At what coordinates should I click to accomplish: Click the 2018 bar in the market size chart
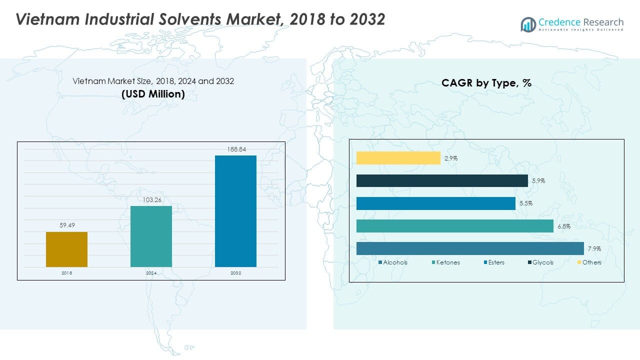66,249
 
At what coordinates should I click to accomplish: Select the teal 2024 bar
151,236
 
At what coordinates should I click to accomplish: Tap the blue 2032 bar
235,211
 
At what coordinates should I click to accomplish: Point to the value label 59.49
66,225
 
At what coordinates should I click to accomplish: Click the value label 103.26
151,199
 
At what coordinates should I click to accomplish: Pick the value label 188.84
235,149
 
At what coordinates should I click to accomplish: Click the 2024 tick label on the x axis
151,273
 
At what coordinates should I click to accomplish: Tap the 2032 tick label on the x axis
235,273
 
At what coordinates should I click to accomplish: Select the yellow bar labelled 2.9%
398,158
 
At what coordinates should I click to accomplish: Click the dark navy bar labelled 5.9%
442,180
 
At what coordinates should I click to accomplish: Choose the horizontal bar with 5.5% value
435,203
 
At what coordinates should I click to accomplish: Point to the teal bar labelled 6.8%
454,226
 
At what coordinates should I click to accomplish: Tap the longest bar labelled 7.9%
470,248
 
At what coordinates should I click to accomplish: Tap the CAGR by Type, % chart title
486,83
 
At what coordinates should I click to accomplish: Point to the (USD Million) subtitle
153,93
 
